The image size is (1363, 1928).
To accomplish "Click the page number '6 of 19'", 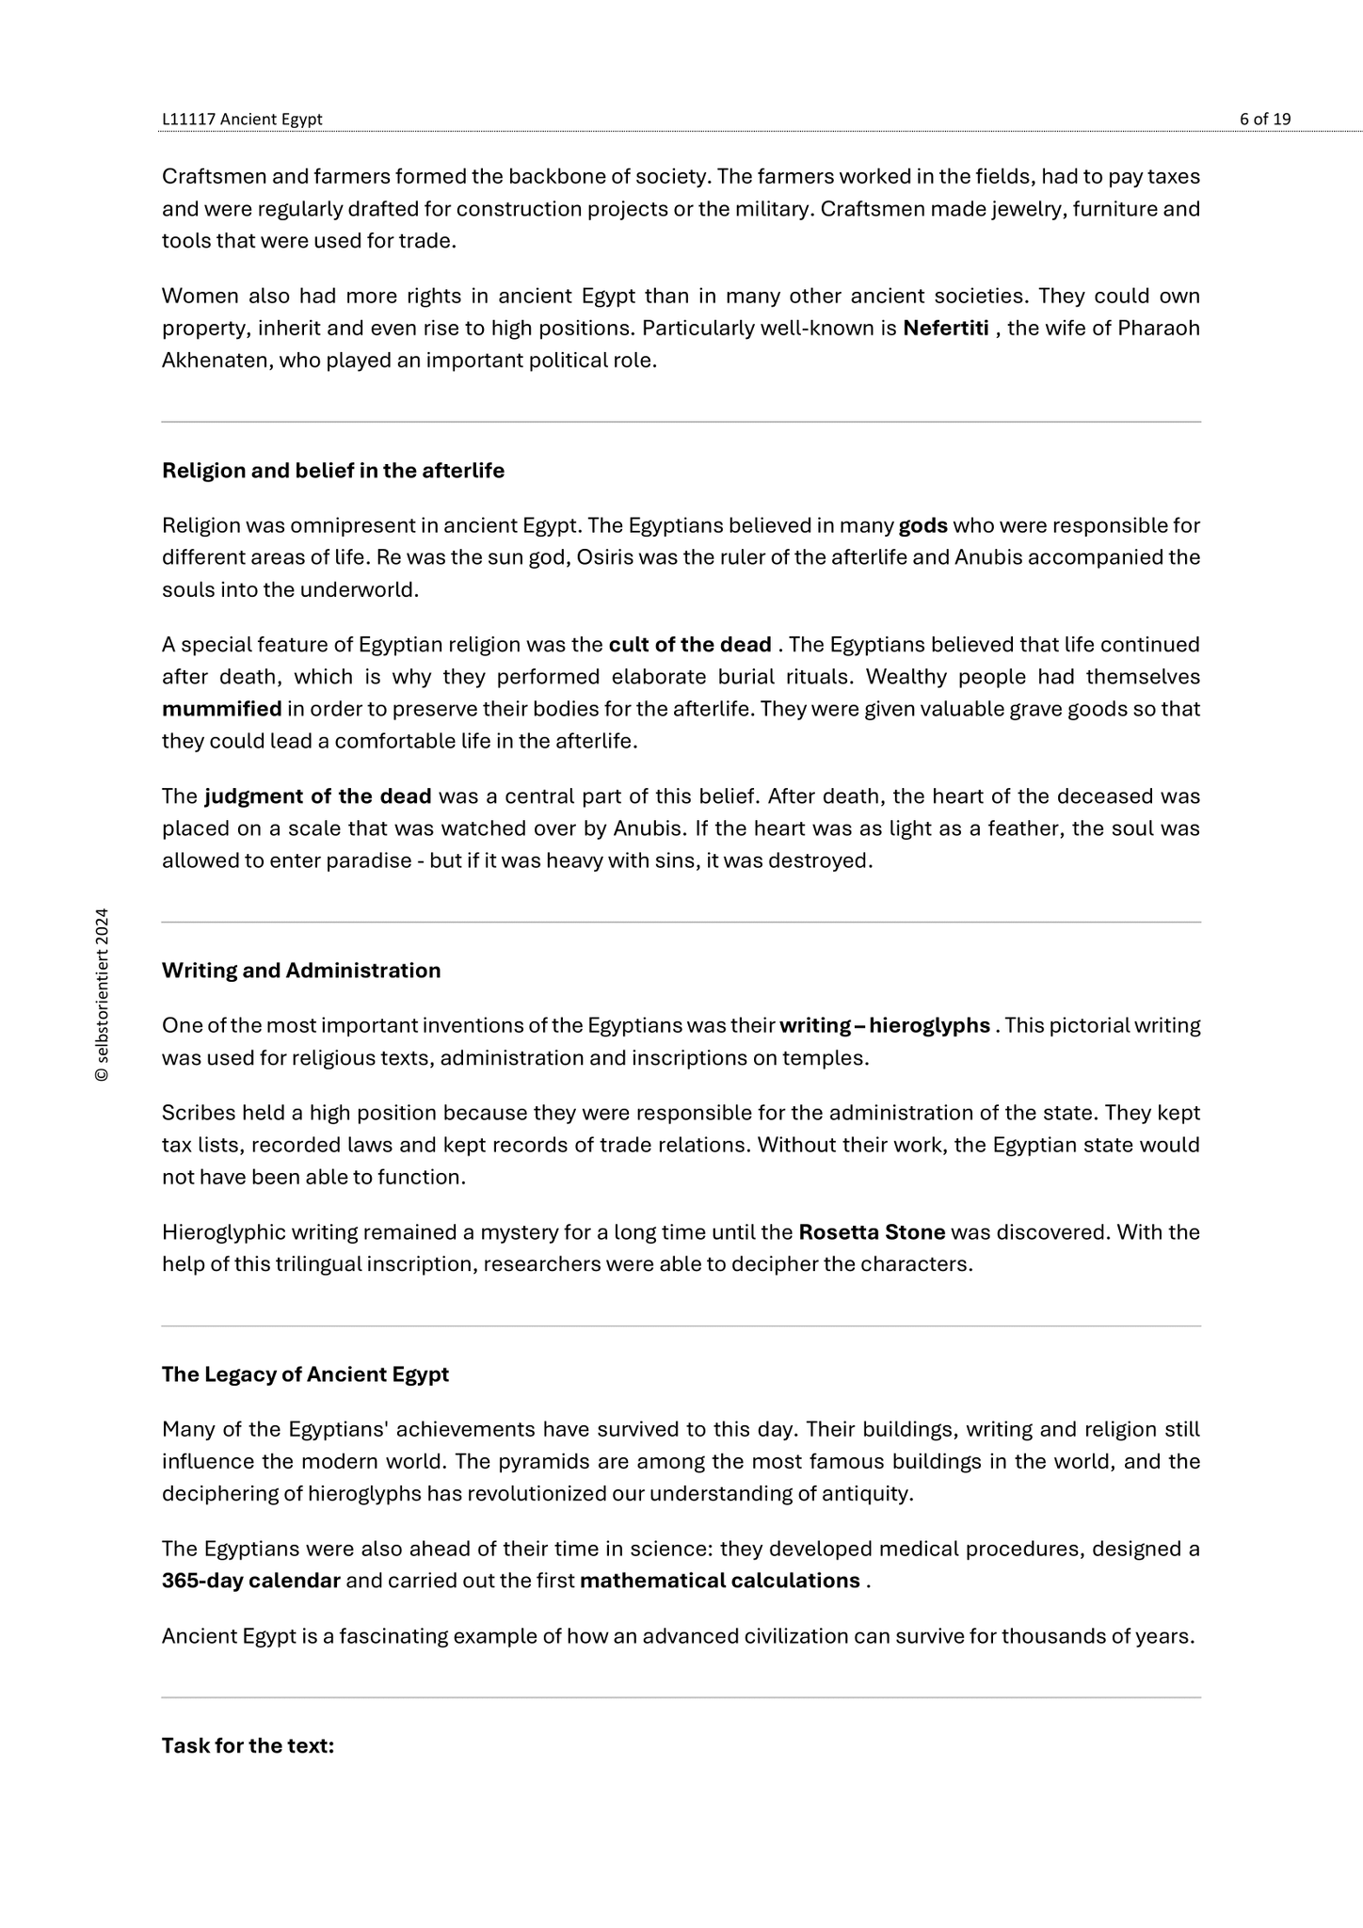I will tap(1264, 119).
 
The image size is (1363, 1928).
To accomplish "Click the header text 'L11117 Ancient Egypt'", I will tap(242, 119).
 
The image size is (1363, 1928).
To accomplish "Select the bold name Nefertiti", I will tap(945, 329).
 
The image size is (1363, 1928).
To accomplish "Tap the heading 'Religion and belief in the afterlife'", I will tap(333, 471).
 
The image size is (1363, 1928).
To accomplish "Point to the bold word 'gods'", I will tap(922, 525).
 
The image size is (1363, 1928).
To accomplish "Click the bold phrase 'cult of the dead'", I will tap(690, 645).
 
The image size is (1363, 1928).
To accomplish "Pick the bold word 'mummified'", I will tap(221, 709).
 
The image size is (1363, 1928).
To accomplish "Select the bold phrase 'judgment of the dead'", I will tap(318, 796).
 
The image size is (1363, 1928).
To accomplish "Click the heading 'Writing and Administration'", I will tap(301, 971).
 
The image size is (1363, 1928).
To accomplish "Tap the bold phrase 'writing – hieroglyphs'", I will tap(885, 1025).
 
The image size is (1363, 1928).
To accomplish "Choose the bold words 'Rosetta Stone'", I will tap(872, 1232).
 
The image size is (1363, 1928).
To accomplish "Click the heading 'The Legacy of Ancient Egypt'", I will tap(305, 1374).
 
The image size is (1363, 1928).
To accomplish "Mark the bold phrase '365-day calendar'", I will tap(251, 1581).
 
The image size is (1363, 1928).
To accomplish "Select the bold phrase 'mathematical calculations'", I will tap(720, 1581).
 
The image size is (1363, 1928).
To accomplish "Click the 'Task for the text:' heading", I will tap(248, 1746).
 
